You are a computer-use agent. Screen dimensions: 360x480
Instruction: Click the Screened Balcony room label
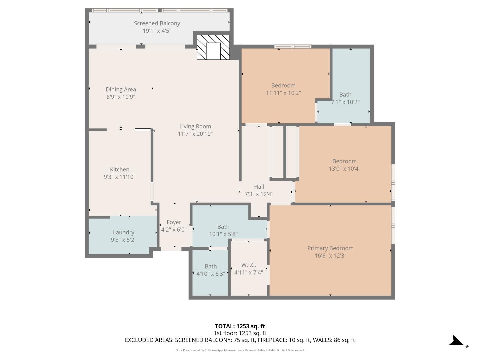(x=157, y=23)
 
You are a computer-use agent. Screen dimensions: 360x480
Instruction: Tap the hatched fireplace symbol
(x=213, y=47)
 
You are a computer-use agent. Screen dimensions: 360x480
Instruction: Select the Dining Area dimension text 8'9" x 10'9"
(x=121, y=97)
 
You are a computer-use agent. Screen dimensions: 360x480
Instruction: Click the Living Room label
(x=195, y=126)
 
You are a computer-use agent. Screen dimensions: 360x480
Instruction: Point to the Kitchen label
(x=120, y=169)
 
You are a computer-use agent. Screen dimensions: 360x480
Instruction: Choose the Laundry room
(x=123, y=235)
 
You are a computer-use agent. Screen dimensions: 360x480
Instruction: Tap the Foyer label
(x=174, y=222)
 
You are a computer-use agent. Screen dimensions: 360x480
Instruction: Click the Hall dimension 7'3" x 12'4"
(x=259, y=194)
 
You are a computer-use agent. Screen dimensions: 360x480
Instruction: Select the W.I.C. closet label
(x=249, y=265)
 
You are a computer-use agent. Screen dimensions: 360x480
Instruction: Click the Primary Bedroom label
(x=330, y=248)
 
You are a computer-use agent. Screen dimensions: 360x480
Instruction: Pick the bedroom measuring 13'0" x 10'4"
(x=344, y=165)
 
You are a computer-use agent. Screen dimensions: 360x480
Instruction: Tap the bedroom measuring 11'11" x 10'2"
(x=283, y=89)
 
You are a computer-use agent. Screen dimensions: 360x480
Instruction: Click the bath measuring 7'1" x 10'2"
(x=345, y=98)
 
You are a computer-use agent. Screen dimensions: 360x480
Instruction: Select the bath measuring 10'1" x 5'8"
(x=223, y=230)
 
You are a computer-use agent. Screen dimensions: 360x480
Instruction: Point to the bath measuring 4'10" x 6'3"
(x=211, y=270)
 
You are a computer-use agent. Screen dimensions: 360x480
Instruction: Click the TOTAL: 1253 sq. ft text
(x=240, y=326)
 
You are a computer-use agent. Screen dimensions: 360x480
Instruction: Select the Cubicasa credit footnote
(x=240, y=350)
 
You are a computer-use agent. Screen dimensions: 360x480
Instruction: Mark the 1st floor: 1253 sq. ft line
(x=240, y=333)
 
